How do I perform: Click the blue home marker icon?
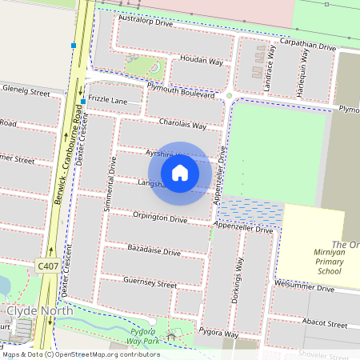pos(180,173)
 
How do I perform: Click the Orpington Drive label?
pos(160,216)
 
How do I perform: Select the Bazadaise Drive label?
pos(154,251)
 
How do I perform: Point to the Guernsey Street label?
pos(150,283)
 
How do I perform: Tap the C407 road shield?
pos(47,265)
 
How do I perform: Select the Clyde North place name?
pos(39,310)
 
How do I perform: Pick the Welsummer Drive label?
pos(303,287)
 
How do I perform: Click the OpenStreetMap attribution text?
pos(80,354)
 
